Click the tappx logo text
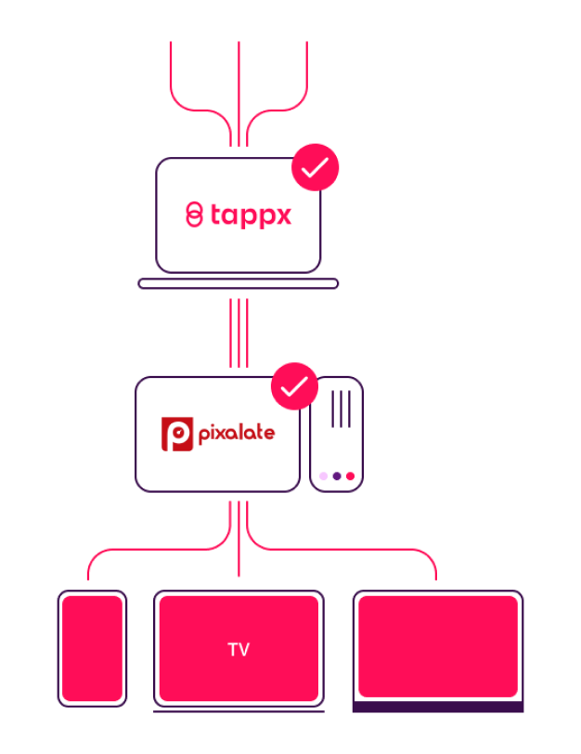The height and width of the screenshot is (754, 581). (x=251, y=216)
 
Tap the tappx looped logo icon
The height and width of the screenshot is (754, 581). (x=194, y=214)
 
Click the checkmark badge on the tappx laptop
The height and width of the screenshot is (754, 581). (x=316, y=167)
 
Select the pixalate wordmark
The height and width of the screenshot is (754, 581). (x=236, y=434)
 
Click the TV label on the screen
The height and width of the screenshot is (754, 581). (x=239, y=650)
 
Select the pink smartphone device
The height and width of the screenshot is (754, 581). (x=92, y=648)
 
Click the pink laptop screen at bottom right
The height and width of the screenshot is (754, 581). (x=437, y=646)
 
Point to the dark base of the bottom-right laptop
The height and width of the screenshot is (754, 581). (x=437, y=707)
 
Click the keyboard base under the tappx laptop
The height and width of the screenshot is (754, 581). (x=238, y=283)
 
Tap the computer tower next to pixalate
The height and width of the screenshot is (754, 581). (x=336, y=434)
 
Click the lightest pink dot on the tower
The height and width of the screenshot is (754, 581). (x=323, y=476)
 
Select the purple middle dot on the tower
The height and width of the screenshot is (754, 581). (x=336, y=476)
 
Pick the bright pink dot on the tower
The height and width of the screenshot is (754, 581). (x=349, y=476)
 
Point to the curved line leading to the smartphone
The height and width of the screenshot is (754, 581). (x=111, y=554)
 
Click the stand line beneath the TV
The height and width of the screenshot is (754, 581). (x=239, y=711)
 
